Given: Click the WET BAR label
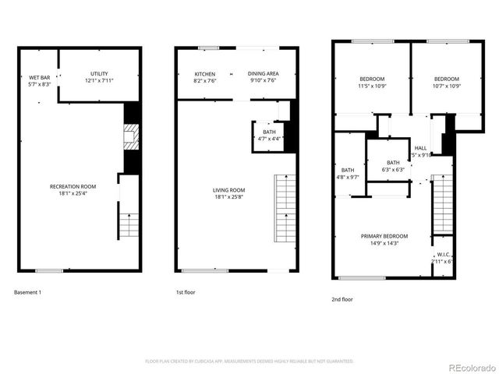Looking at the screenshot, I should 40,80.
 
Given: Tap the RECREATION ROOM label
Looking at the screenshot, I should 73,189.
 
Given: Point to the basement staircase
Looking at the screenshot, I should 129,226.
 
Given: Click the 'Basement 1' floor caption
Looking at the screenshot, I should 28,293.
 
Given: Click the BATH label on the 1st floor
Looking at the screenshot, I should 269,135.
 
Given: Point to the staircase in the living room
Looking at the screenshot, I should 285,210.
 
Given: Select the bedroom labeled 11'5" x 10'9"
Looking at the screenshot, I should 370,82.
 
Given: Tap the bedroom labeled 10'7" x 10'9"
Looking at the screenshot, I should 446,82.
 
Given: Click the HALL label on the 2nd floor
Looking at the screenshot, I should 420,150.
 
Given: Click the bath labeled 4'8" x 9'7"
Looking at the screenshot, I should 348,173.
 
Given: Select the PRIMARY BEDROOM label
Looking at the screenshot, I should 384,239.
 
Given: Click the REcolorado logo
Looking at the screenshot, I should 469,366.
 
